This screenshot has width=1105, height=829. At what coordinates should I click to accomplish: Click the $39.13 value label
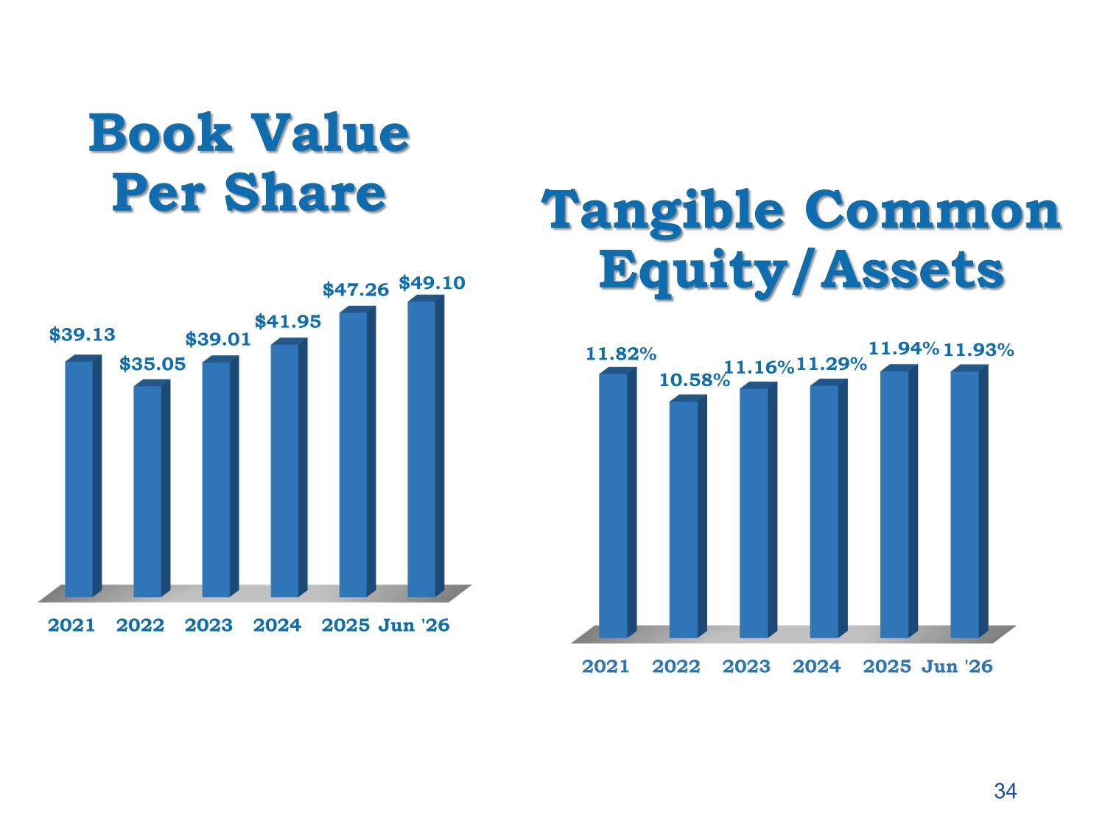click(82, 335)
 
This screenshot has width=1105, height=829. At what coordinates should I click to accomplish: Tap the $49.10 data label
click(432, 283)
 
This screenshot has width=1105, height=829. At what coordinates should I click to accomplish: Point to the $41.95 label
click(287, 321)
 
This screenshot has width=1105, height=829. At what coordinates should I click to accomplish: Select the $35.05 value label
click(152, 364)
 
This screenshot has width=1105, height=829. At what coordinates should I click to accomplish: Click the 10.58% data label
click(694, 380)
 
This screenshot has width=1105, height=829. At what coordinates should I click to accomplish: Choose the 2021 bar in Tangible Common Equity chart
click(617, 503)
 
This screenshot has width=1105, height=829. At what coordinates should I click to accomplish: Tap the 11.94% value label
click(904, 349)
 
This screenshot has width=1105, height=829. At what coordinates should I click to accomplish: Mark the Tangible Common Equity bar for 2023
click(758, 510)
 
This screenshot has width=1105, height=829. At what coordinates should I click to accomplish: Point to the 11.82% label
click(621, 354)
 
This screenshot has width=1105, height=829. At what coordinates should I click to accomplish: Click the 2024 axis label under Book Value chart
click(277, 626)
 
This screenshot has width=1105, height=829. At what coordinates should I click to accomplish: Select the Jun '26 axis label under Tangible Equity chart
click(957, 667)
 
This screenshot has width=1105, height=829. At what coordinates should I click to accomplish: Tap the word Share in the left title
click(305, 193)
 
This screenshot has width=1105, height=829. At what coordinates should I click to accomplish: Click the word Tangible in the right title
click(662, 212)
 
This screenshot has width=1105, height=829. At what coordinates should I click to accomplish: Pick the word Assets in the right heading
click(912, 270)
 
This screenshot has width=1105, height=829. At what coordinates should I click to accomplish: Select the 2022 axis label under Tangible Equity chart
click(676, 667)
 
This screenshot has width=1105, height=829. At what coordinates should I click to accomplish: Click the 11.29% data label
click(831, 364)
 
